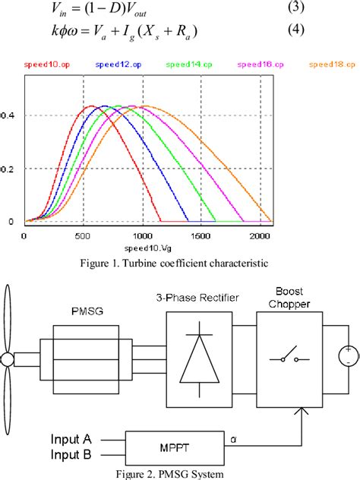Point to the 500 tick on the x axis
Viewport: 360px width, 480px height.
(x=84, y=236)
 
